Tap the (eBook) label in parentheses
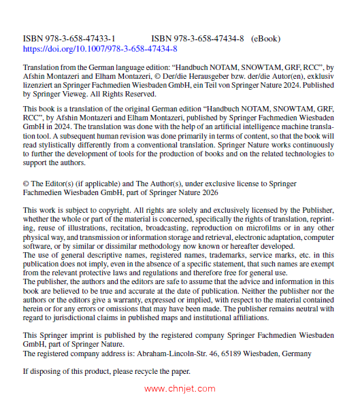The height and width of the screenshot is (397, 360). [265, 39]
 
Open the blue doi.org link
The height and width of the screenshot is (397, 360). [100, 49]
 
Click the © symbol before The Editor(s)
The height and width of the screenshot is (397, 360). [26, 184]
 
